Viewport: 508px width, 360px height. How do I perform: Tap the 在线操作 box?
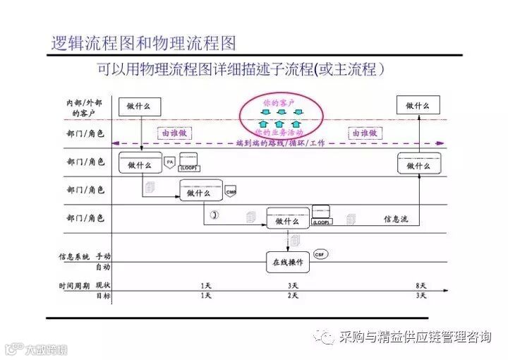pos(287,262)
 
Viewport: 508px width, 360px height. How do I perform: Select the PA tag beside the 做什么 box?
pos(169,162)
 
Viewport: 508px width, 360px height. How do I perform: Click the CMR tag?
pos(230,192)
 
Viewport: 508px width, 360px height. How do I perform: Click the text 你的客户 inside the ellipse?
pos(279,103)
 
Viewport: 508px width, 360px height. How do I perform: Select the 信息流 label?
pos(395,220)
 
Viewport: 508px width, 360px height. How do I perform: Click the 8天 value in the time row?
pos(421,285)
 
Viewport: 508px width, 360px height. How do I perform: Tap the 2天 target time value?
pos(293,296)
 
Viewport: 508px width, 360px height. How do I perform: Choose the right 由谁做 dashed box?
pos(363,132)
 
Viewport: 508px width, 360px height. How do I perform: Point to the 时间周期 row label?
pos(73,285)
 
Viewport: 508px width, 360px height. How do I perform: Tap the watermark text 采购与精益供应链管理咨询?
pos(415,337)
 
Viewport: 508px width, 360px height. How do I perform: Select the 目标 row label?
pos(103,296)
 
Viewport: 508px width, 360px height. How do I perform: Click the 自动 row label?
pos(103,267)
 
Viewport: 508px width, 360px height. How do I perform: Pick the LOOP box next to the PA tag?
pos(188,163)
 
